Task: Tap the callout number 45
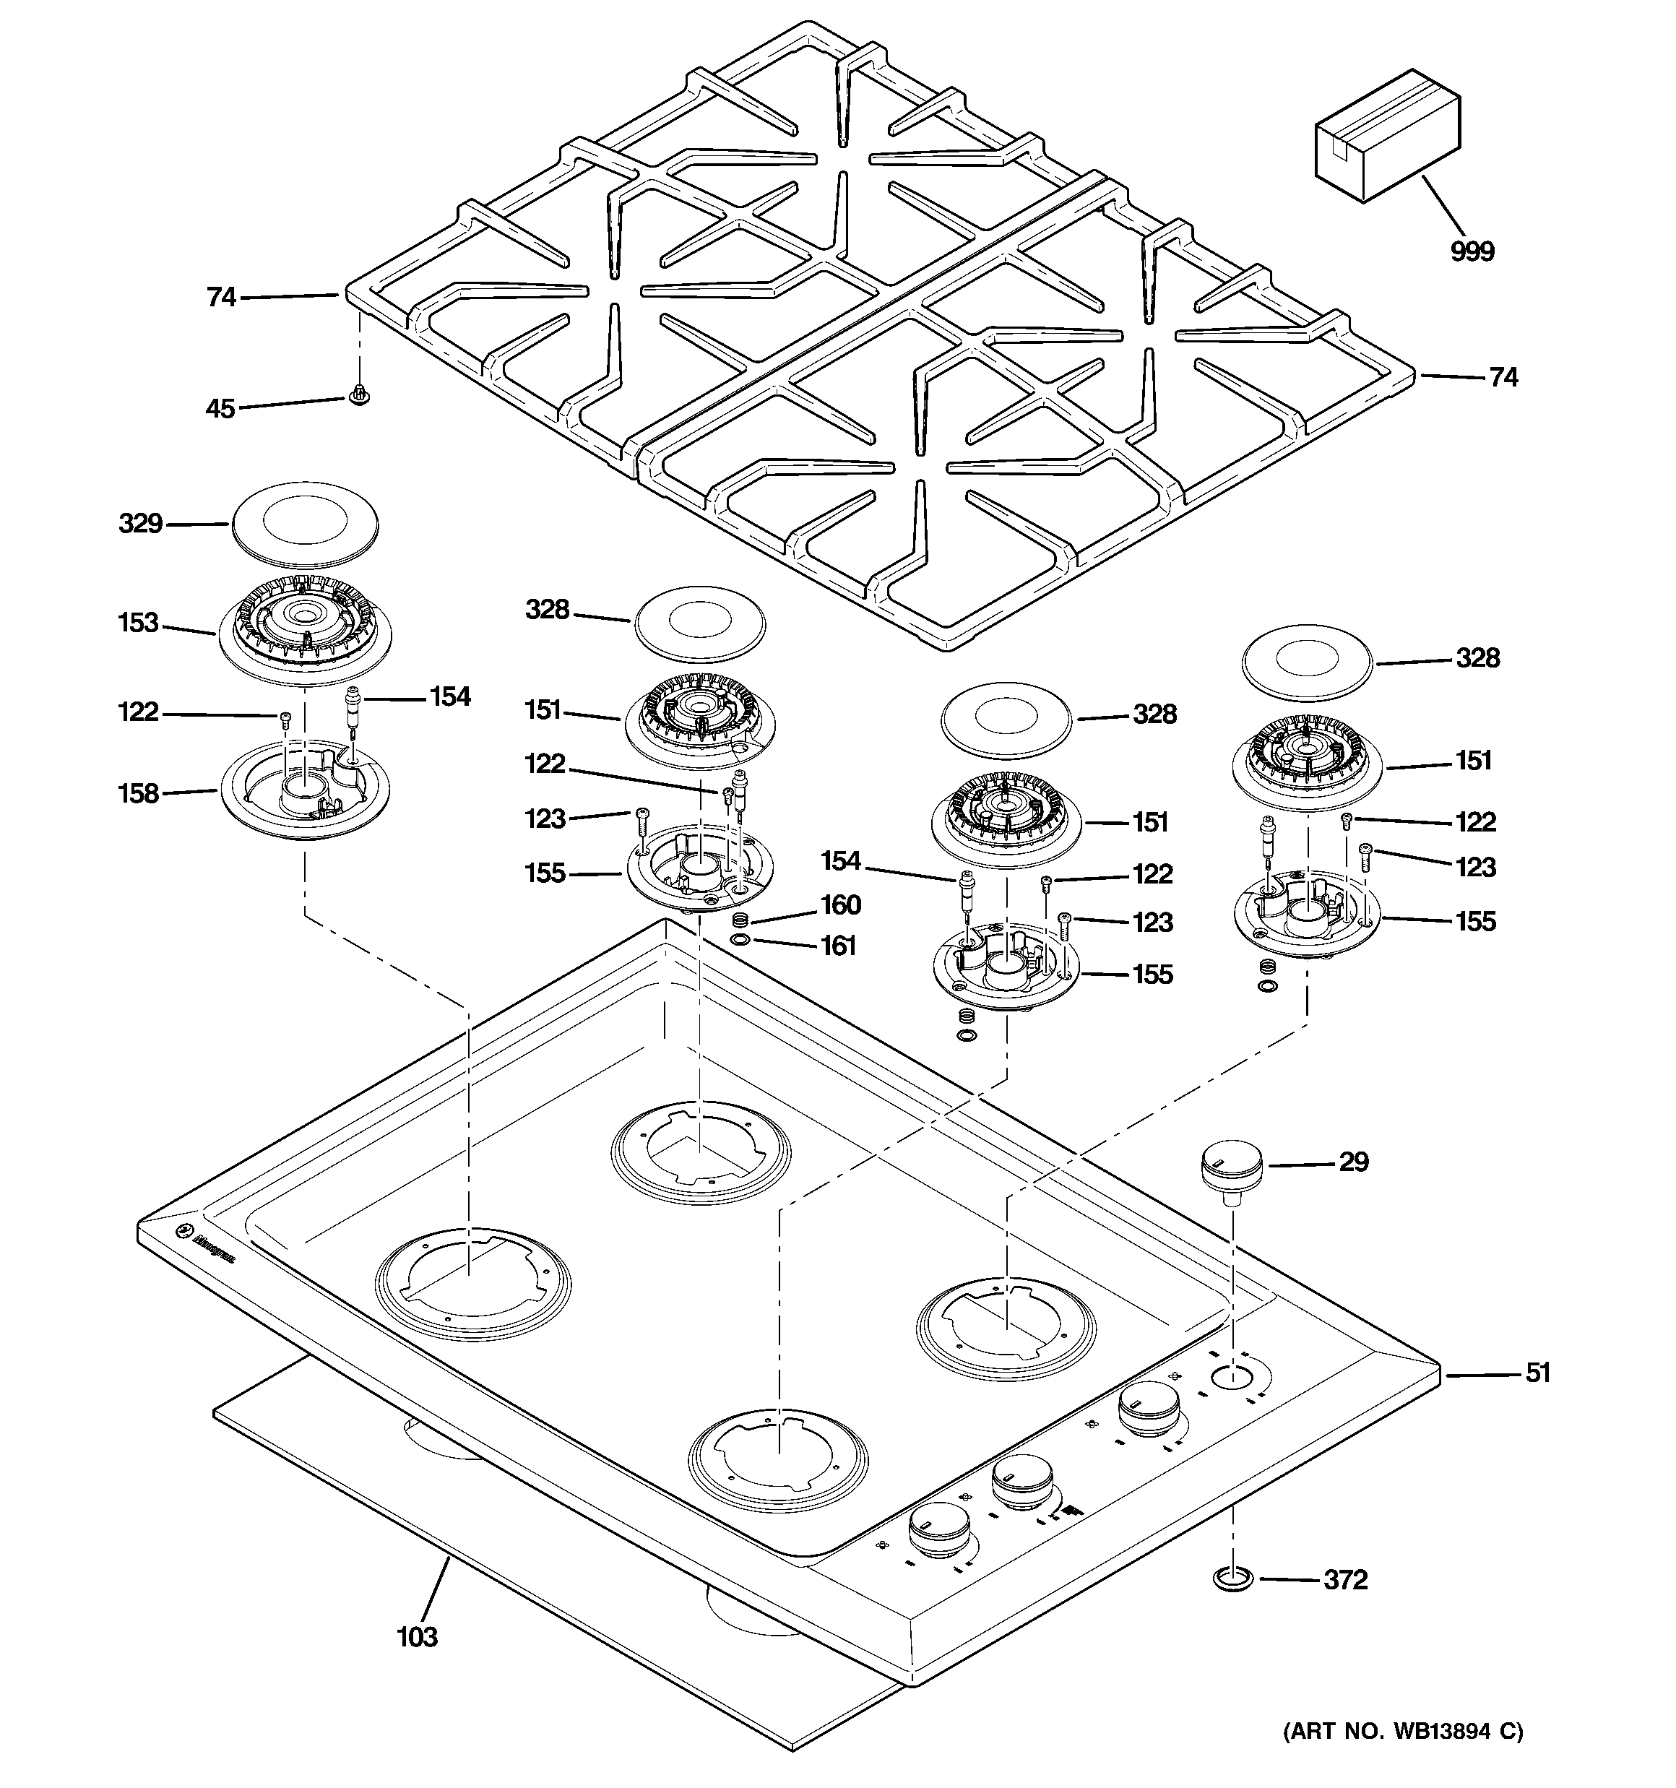coord(220,409)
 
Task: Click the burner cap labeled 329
coord(305,525)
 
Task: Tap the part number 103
coord(418,1637)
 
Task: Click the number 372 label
coord(1345,1579)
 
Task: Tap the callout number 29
coord(1353,1162)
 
